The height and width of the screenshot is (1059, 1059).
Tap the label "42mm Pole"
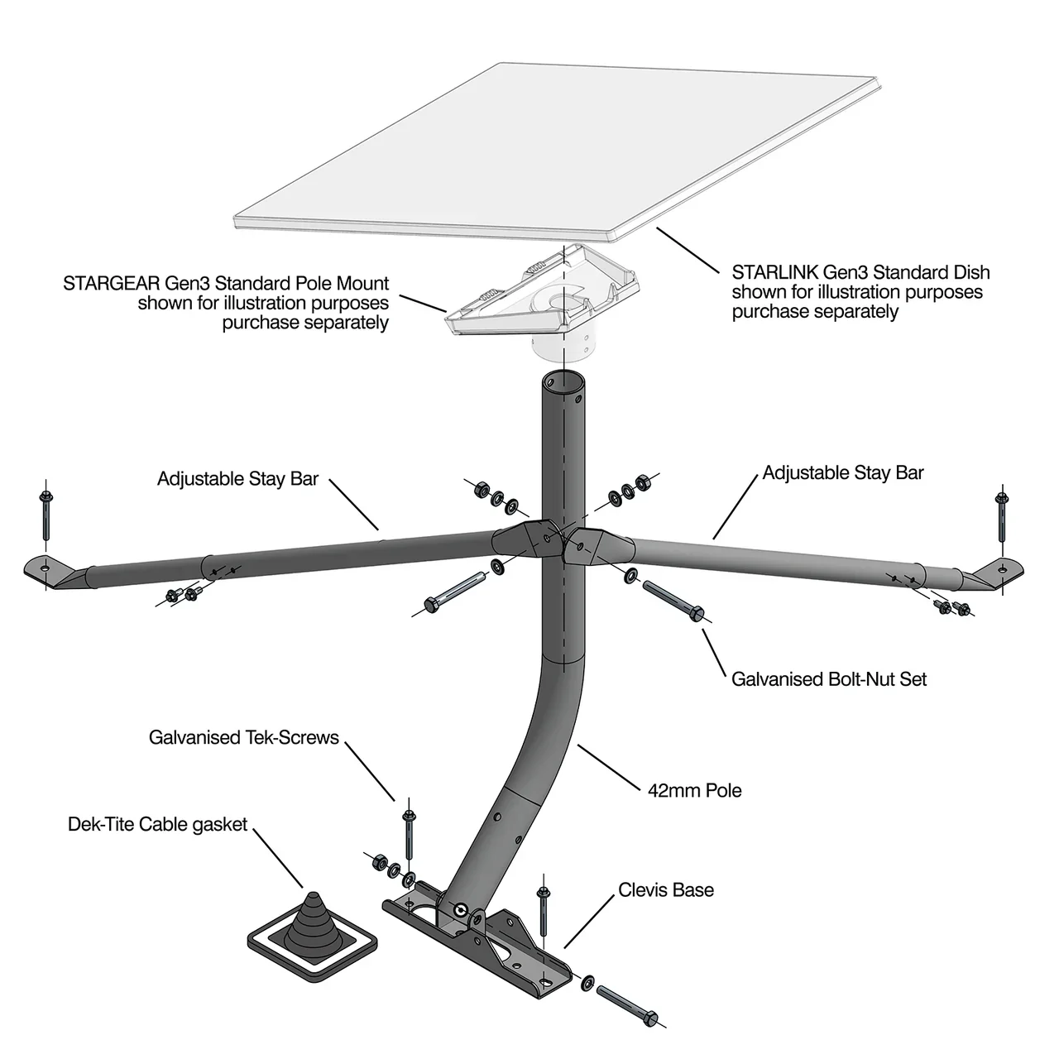[x=694, y=790]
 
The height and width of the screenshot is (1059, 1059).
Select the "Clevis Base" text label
[x=665, y=890]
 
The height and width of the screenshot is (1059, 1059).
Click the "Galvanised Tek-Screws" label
[x=244, y=737]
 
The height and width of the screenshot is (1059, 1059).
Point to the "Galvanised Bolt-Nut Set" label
[x=829, y=679]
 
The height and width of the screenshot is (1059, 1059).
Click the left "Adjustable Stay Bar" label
[x=237, y=479]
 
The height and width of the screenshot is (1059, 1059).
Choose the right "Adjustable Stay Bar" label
[x=842, y=472]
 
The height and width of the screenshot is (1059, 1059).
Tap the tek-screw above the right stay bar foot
[x=1003, y=520]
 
